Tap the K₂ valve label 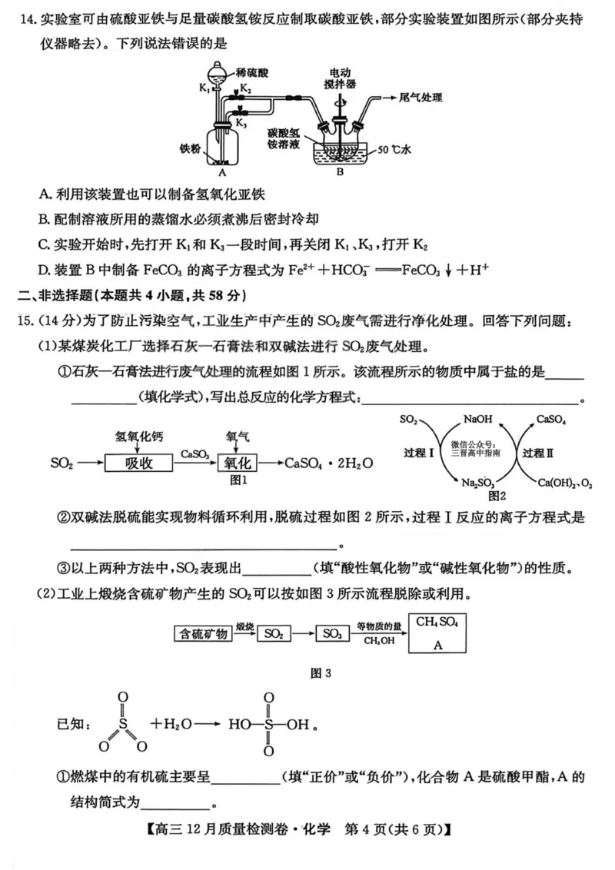(244, 90)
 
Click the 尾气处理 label (421, 97)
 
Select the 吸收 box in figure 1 (136, 463)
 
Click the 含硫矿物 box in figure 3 (203, 634)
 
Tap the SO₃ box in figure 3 (332, 634)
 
